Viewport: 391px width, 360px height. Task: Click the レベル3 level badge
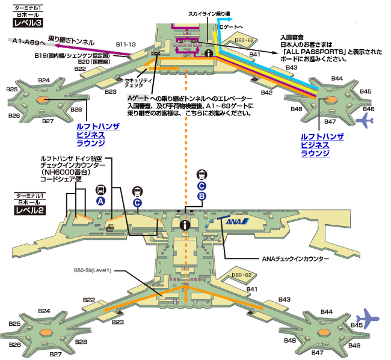click(x=28, y=23)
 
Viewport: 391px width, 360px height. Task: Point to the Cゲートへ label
click(x=231, y=27)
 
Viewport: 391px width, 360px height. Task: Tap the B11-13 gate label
click(x=126, y=44)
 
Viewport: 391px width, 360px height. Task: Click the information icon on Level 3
click(x=209, y=53)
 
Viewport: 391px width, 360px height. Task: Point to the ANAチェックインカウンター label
click(x=295, y=260)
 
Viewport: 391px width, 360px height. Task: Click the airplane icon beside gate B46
click(x=365, y=120)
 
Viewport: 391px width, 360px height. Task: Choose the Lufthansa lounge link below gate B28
click(x=91, y=135)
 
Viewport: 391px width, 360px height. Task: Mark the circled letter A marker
click(x=100, y=200)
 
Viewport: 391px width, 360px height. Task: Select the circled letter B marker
click(x=202, y=196)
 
